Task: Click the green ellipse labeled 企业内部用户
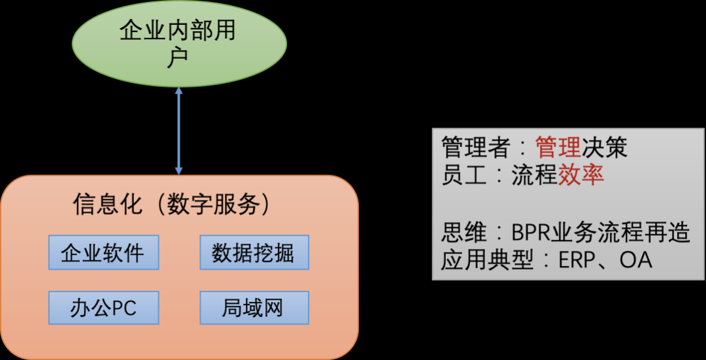(179, 44)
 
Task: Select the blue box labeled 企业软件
(103, 252)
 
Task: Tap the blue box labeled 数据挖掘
(254, 252)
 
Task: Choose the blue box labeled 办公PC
(103, 307)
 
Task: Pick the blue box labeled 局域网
(254, 307)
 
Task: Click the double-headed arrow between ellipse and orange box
(178, 131)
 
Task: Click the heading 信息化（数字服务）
(171, 205)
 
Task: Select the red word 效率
(580, 175)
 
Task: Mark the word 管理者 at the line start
(475, 148)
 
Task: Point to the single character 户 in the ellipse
(178, 58)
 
